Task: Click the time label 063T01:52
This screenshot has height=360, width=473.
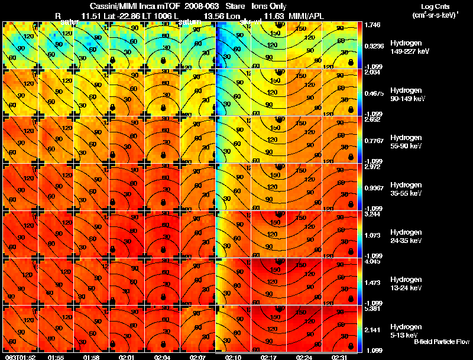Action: (19, 356)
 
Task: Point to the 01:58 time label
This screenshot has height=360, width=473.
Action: (92, 356)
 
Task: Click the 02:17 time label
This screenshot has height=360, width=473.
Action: (269, 356)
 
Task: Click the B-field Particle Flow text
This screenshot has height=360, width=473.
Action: (441, 342)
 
